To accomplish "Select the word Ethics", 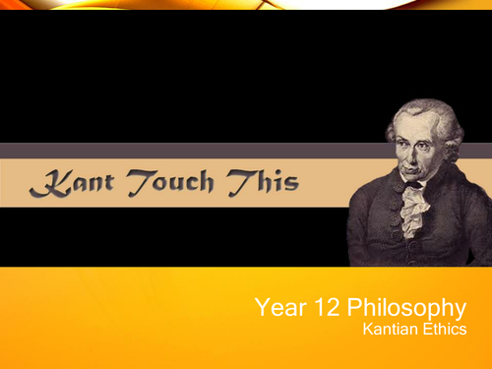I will pos(444,332).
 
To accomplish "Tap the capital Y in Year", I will pos(261,309).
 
